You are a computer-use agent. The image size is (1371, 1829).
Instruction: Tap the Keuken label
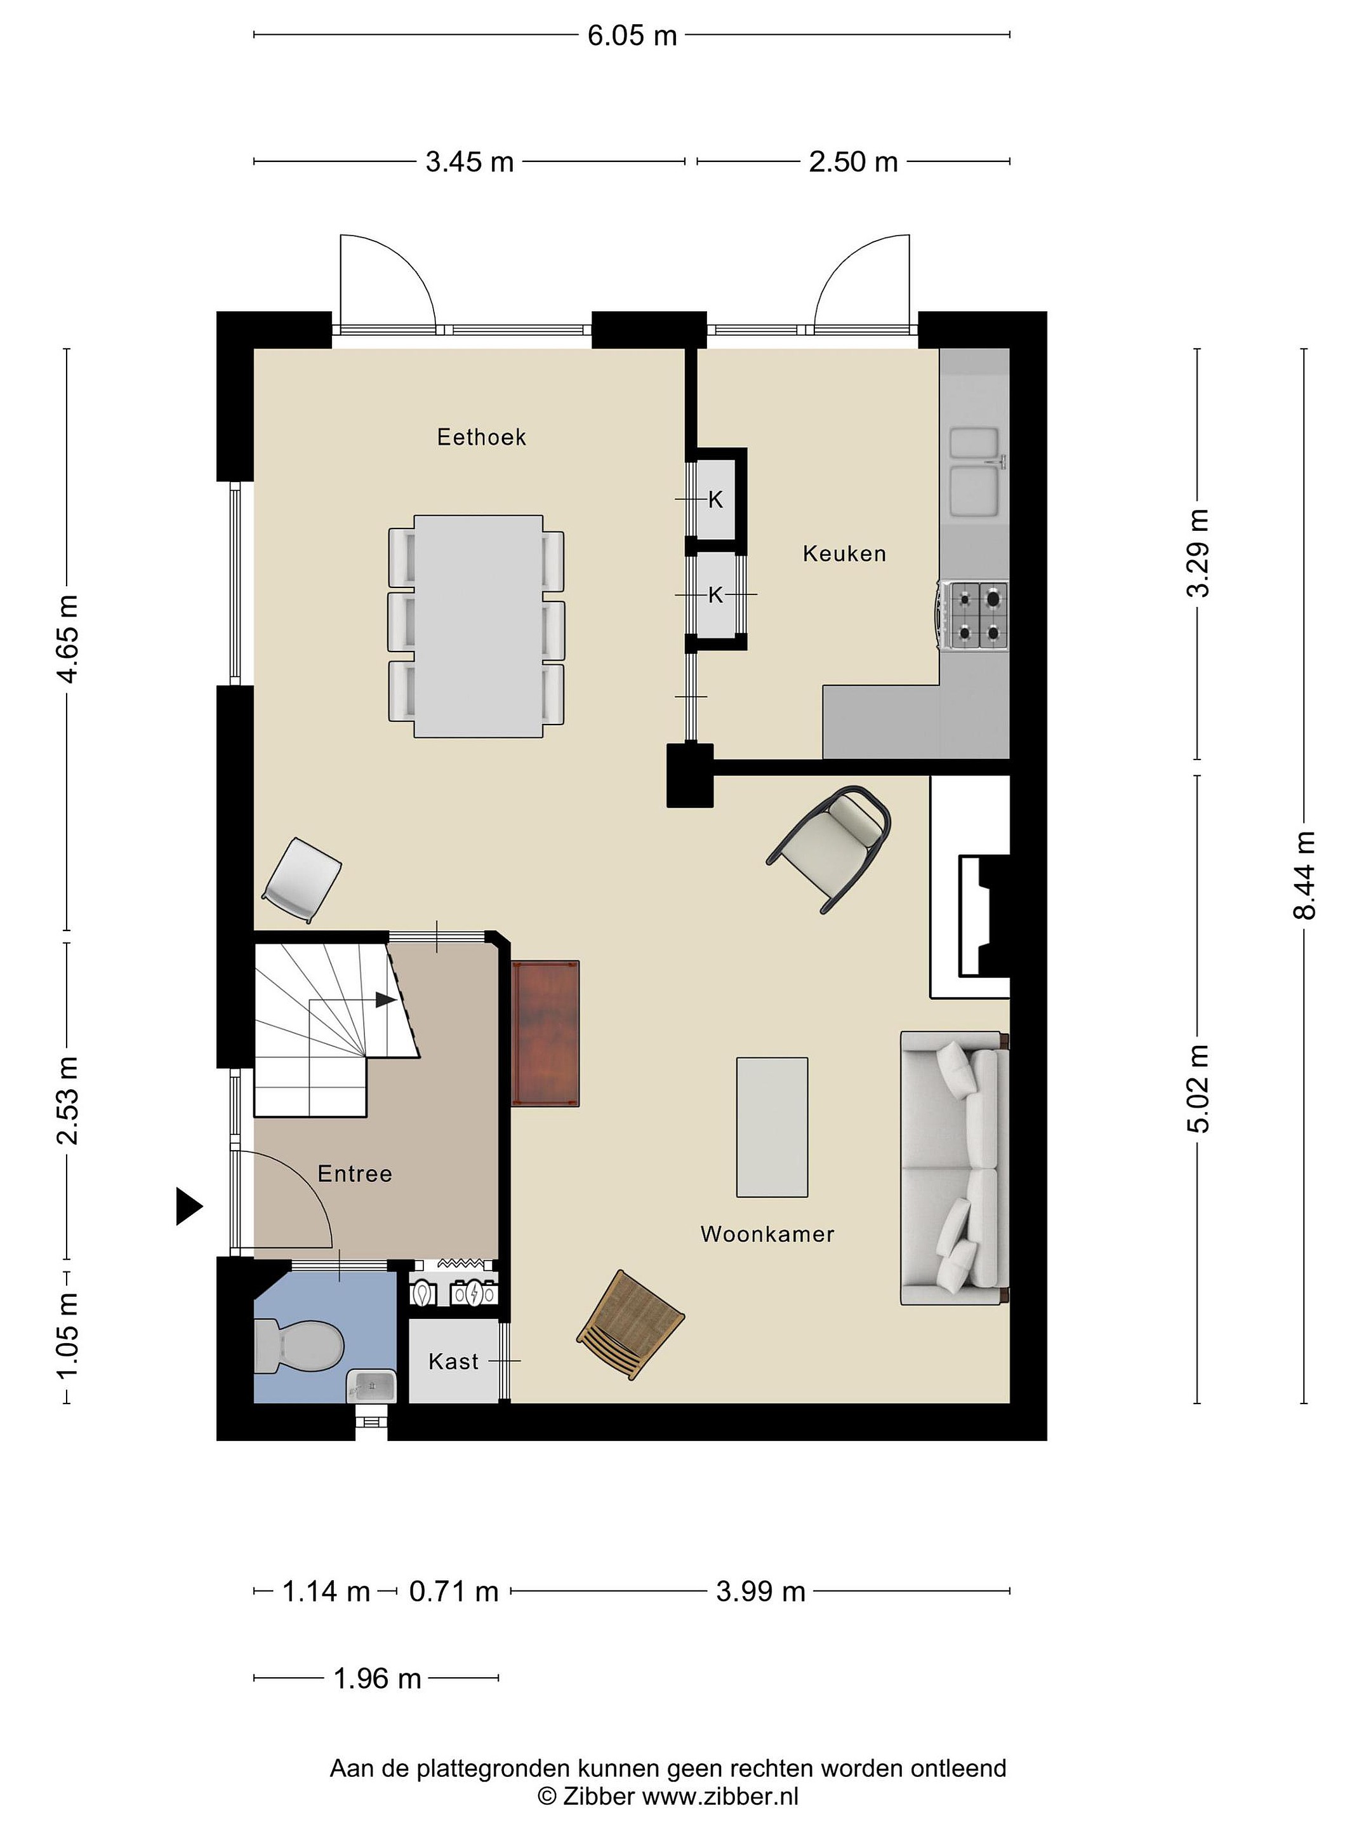pyautogui.click(x=844, y=553)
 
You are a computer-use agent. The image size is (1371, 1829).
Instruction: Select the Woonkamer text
pyautogui.click(x=767, y=1234)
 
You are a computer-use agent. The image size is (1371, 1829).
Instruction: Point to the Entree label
pyautogui.click(x=355, y=1174)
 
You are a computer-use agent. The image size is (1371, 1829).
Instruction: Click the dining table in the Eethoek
pyautogui.click(x=479, y=626)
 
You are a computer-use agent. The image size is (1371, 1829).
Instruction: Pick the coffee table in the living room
pyautogui.click(x=772, y=1127)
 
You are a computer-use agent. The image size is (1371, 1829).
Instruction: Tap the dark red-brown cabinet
pyautogui.click(x=545, y=1033)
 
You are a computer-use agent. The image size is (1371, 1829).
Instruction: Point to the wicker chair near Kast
pyautogui.click(x=630, y=1326)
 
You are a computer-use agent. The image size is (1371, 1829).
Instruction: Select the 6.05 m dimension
pyautogui.click(x=632, y=36)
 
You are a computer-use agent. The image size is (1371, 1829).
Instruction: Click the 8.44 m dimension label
pyautogui.click(x=1304, y=875)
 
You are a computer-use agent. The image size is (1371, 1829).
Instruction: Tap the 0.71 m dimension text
pyautogui.click(x=454, y=1591)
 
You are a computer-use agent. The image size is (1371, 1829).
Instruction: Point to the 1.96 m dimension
pyautogui.click(x=377, y=1678)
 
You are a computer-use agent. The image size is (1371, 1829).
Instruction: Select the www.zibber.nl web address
pyautogui.click(x=720, y=1796)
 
